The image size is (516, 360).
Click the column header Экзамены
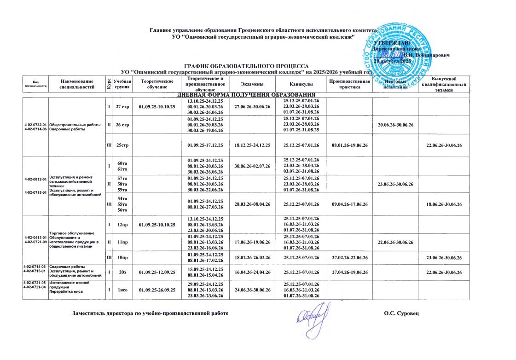(x=252, y=84)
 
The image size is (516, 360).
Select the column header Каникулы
(x=301, y=84)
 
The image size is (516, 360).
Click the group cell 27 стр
(x=122, y=107)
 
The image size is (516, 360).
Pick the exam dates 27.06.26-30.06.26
(x=252, y=107)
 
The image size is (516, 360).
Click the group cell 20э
(x=122, y=273)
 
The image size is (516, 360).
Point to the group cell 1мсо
(x=122, y=290)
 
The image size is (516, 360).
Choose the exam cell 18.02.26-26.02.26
(x=252, y=255)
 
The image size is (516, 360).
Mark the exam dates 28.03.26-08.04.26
(x=252, y=204)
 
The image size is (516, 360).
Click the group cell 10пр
(x=122, y=255)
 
